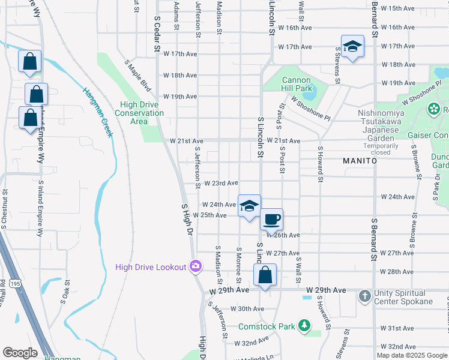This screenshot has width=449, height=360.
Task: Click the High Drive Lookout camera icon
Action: tap(195, 266)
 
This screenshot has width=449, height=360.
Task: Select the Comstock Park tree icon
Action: tap(305, 326)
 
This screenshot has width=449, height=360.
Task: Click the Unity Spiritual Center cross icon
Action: tap(364, 296)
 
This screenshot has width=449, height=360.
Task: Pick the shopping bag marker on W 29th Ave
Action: tap(265, 275)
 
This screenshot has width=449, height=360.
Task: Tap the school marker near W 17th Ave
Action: tap(352, 46)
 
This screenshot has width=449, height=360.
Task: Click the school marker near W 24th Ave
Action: tap(249, 206)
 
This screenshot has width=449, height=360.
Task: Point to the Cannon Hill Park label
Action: tap(297, 84)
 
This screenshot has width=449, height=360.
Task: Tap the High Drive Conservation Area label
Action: tap(139, 113)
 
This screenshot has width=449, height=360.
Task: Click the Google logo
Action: tap(20, 353)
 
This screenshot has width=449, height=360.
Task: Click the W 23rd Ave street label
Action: tap(221, 183)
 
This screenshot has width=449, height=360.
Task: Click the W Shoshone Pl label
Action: tap(310, 107)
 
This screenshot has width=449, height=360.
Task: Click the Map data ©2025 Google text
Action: tap(412, 355)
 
